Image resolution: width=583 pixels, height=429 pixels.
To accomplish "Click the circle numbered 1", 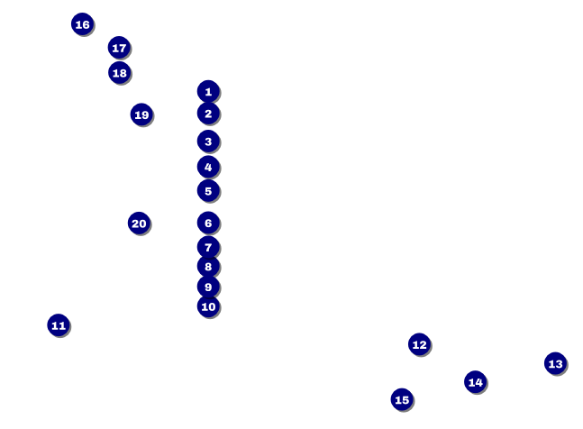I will coord(208,91).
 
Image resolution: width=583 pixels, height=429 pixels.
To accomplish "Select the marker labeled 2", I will coord(208,114).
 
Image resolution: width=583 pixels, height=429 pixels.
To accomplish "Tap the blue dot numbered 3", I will coord(208,141).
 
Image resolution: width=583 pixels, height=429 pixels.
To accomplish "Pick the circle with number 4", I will coord(208,167).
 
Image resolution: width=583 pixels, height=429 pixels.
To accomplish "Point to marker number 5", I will coord(208,191).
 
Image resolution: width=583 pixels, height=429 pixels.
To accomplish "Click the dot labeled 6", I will coord(208,223).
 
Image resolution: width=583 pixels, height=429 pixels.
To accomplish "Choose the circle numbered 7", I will coord(208,247).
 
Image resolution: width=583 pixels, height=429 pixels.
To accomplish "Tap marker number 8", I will coord(208,267).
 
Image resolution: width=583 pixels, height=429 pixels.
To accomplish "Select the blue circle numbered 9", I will coord(208,287).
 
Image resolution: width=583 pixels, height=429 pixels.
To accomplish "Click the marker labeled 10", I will coord(208,306).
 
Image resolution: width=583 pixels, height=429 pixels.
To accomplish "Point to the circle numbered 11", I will coord(59,325).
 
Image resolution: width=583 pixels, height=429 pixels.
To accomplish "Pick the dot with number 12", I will coord(419,344).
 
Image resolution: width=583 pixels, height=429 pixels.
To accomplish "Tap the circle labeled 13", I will coord(555,363).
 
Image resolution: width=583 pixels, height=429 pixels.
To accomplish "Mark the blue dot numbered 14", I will coord(476,382).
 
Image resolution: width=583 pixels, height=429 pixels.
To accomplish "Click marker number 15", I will coord(402,399).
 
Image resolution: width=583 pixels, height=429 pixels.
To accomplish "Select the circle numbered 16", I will coord(82,24).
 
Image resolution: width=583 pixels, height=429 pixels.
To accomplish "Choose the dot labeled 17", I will coord(119,48).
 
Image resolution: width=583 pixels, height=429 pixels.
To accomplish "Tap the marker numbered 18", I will coord(119,73).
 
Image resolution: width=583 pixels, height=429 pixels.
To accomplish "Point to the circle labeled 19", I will coord(141,114).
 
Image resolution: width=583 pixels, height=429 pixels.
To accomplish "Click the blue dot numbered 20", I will coord(139,224).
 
